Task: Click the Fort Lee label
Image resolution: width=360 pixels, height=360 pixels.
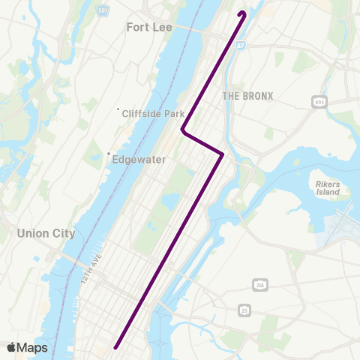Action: [149, 28]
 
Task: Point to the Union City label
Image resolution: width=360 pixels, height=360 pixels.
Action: [46, 233]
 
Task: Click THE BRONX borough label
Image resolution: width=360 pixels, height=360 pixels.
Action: [247, 96]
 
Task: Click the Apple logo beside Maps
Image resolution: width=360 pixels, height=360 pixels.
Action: [11, 347]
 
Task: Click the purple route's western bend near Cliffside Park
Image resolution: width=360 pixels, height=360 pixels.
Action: [183, 130]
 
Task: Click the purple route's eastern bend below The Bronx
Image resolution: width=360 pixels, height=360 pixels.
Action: [222, 154]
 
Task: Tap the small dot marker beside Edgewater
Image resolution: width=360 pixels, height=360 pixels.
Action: [109, 157]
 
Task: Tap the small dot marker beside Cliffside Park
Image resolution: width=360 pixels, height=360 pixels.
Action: [118, 111]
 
